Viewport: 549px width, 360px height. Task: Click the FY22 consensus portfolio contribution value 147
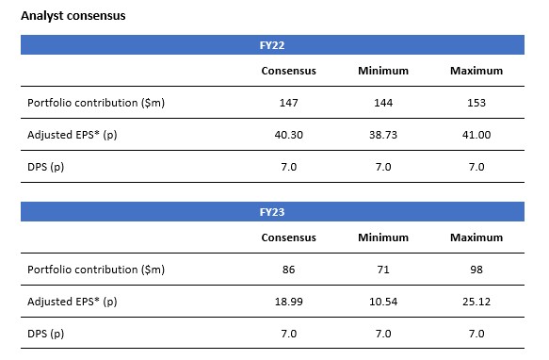288,103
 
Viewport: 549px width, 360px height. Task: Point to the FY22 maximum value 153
476,103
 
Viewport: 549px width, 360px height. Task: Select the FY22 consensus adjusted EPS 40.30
288,135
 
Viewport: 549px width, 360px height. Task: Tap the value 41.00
476,135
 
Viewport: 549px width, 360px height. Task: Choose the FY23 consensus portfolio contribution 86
288,270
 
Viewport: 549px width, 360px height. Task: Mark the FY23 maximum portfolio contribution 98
476,270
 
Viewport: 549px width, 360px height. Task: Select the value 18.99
288,302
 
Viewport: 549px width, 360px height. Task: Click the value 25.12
476,302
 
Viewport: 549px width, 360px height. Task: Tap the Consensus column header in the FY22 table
288,71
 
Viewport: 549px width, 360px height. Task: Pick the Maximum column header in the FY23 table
476,237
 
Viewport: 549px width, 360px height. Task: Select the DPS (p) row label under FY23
47,334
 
